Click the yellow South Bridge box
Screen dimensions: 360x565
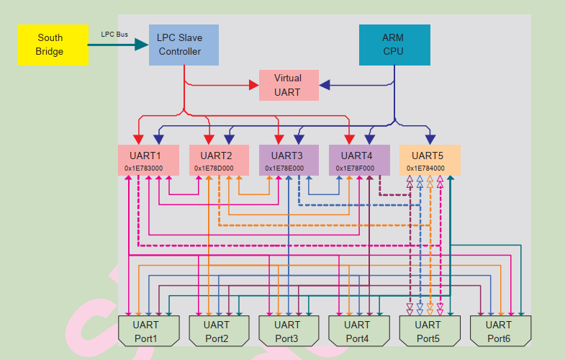click(x=53, y=45)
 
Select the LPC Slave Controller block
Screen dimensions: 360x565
click(x=184, y=45)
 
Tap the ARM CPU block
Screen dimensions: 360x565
click(x=394, y=45)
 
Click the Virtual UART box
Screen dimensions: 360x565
click(x=288, y=85)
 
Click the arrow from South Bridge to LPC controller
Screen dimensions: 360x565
click(x=118, y=45)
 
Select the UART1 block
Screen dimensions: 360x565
click(x=148, y=159)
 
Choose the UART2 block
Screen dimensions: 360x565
click(x=218, y=159)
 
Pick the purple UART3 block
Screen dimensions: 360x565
click(x=289, y=159)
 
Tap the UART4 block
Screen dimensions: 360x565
click(x=358, y=159)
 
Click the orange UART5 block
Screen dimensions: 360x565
click(x=429, y=159)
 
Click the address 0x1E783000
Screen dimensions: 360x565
click(x=144, y=168)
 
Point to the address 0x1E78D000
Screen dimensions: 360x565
click(x=214, y=168)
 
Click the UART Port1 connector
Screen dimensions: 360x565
click(x=148, y=331)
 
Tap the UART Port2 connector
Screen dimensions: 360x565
click(x=218, y=331)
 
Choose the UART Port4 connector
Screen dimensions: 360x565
click(x=358, y=331)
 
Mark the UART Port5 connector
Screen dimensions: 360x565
click(x=429, y=331)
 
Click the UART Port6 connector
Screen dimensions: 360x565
click(x=500, y=331)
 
